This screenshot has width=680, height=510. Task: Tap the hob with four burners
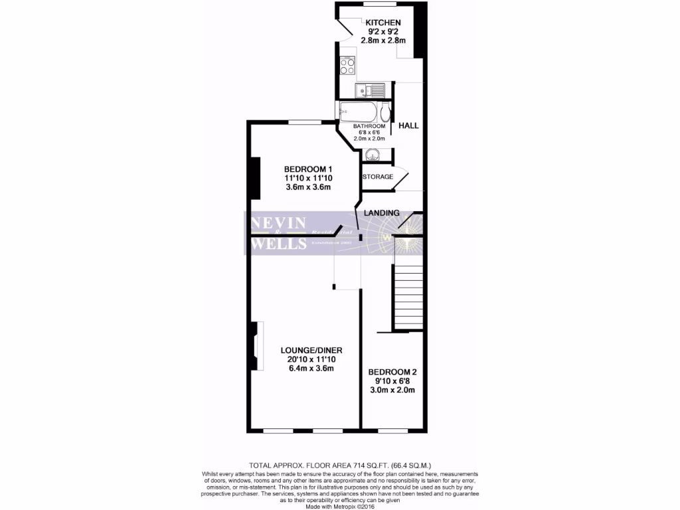tap(347, 66)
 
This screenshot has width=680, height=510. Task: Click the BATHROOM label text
tap(369, 126)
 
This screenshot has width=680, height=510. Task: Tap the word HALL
tap(408, 126)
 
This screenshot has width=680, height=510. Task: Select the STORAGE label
tap(377, 177)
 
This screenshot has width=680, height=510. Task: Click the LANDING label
tap(382, 212)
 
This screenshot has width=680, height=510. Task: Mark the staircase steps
tap(408, 296)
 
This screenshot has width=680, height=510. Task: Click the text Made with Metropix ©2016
tap(340, 505)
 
